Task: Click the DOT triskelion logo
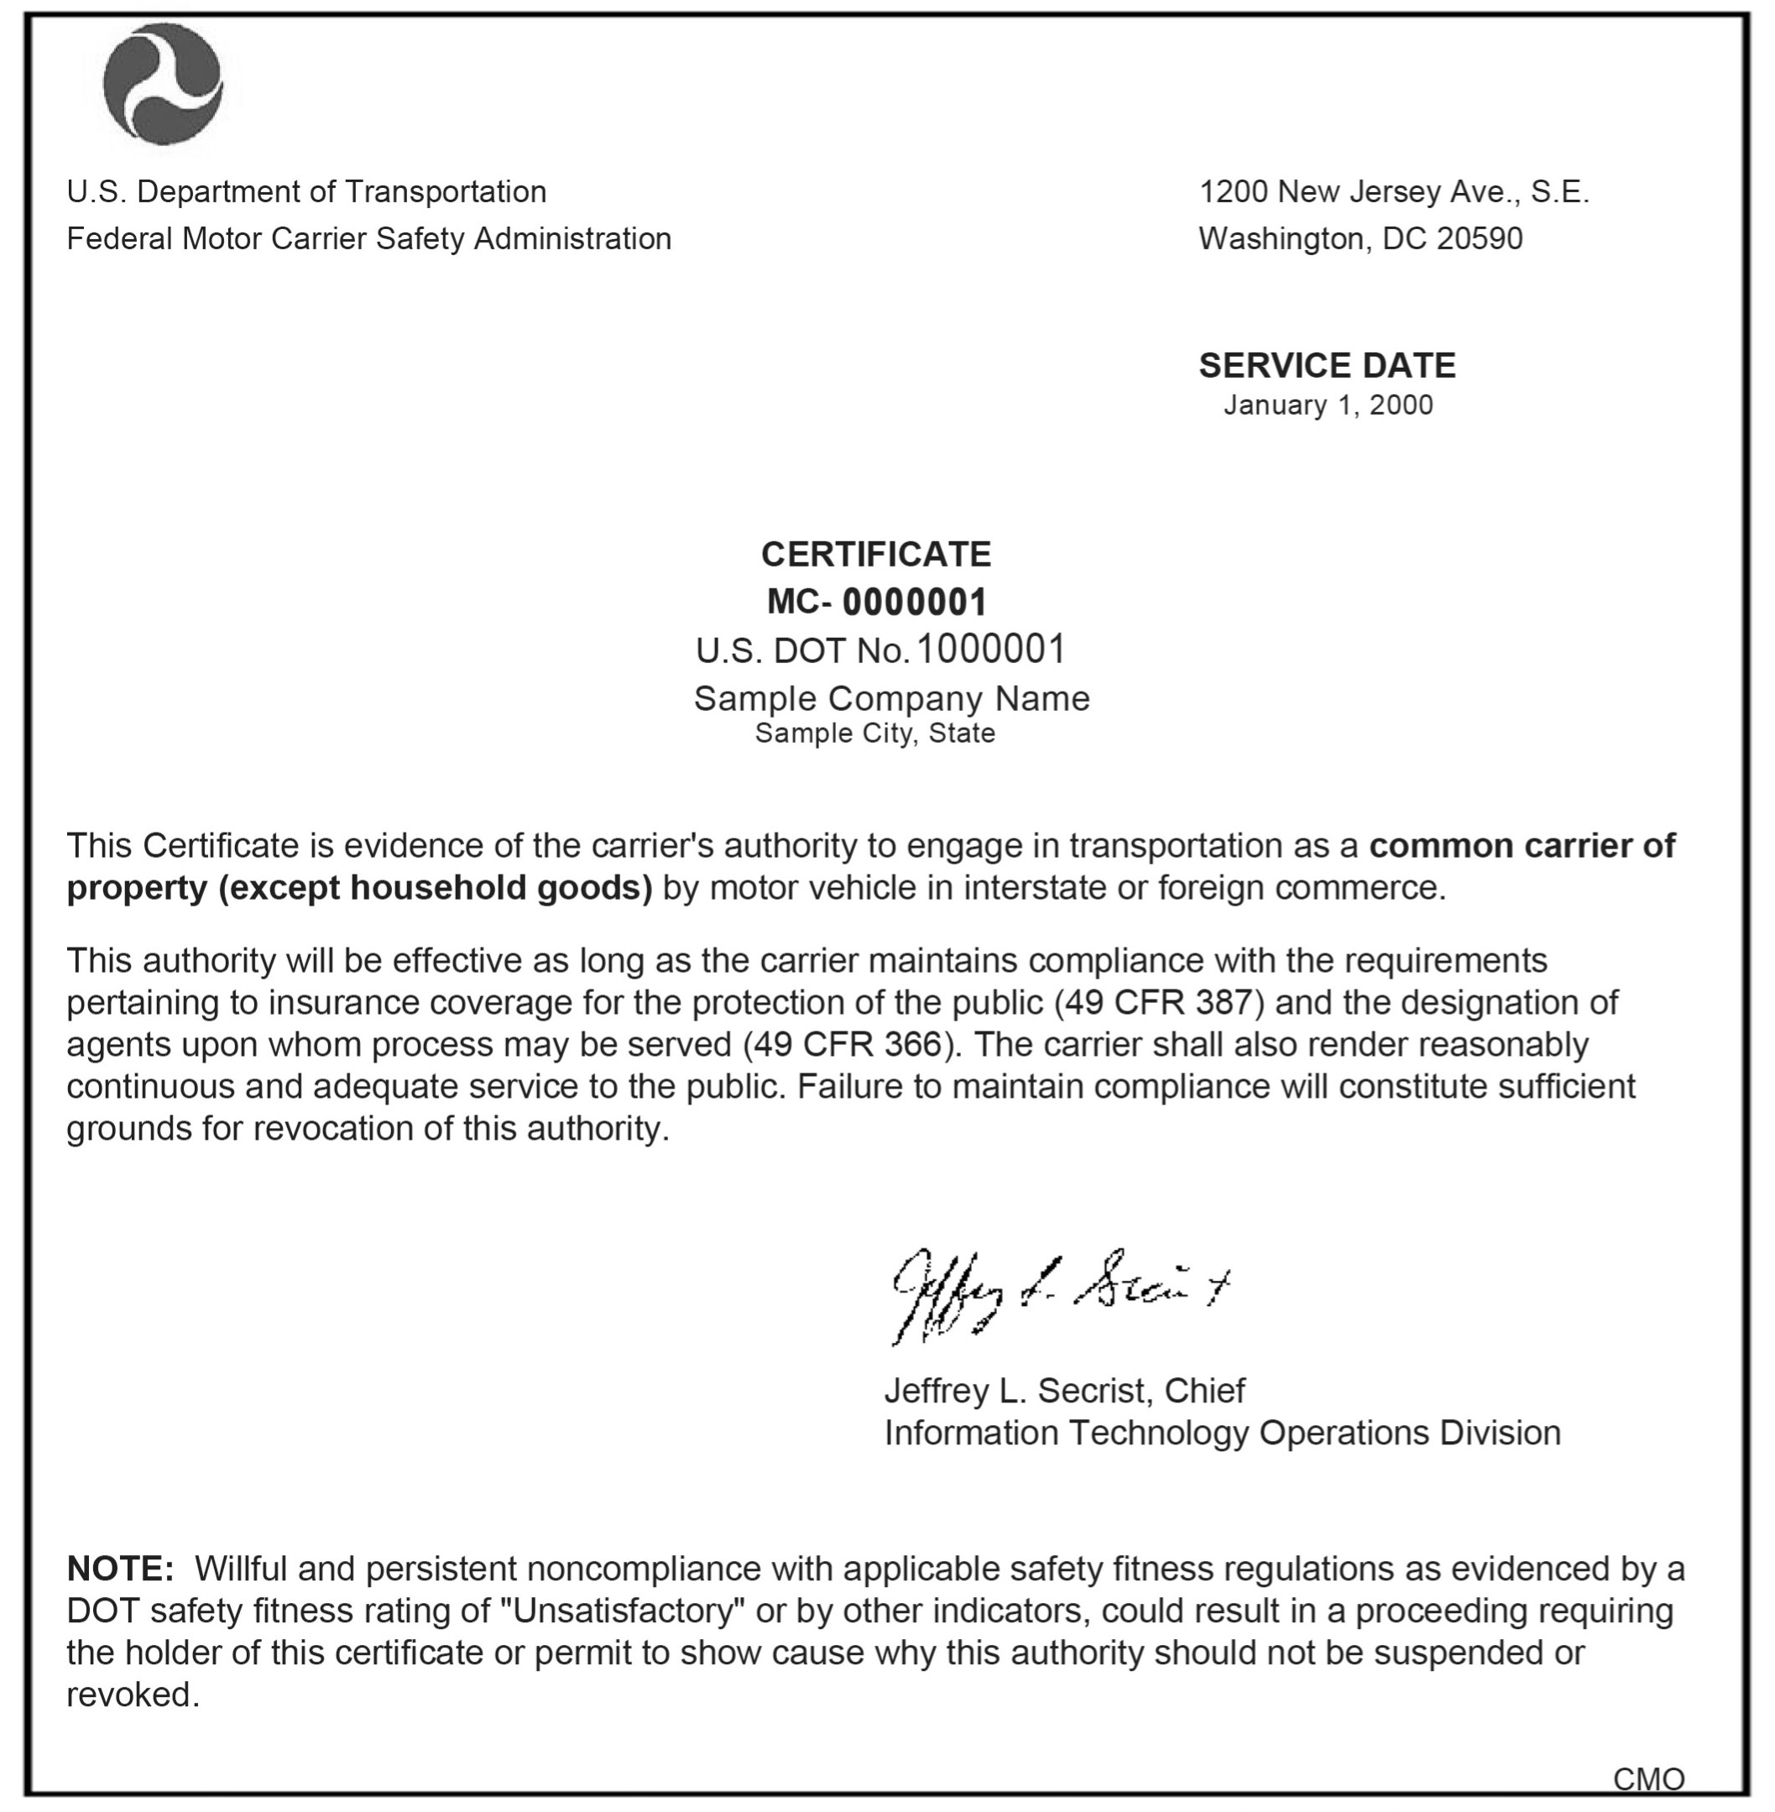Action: point(163,84)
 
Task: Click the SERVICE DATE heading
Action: point(1327,365)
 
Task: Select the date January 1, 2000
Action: point(1328,405)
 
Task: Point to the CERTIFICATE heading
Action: point(875,555)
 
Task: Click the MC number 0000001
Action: point(914,602)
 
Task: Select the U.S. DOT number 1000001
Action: point(990,650)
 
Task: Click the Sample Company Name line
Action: point(891,698)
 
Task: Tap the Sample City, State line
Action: point(874,734)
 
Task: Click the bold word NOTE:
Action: point(120,1569)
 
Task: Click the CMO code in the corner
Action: point(1648,1779)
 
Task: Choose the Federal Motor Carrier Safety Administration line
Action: point(369,238)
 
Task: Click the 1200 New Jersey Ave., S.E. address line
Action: point(1394,192)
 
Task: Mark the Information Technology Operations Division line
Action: point(1222,1433)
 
